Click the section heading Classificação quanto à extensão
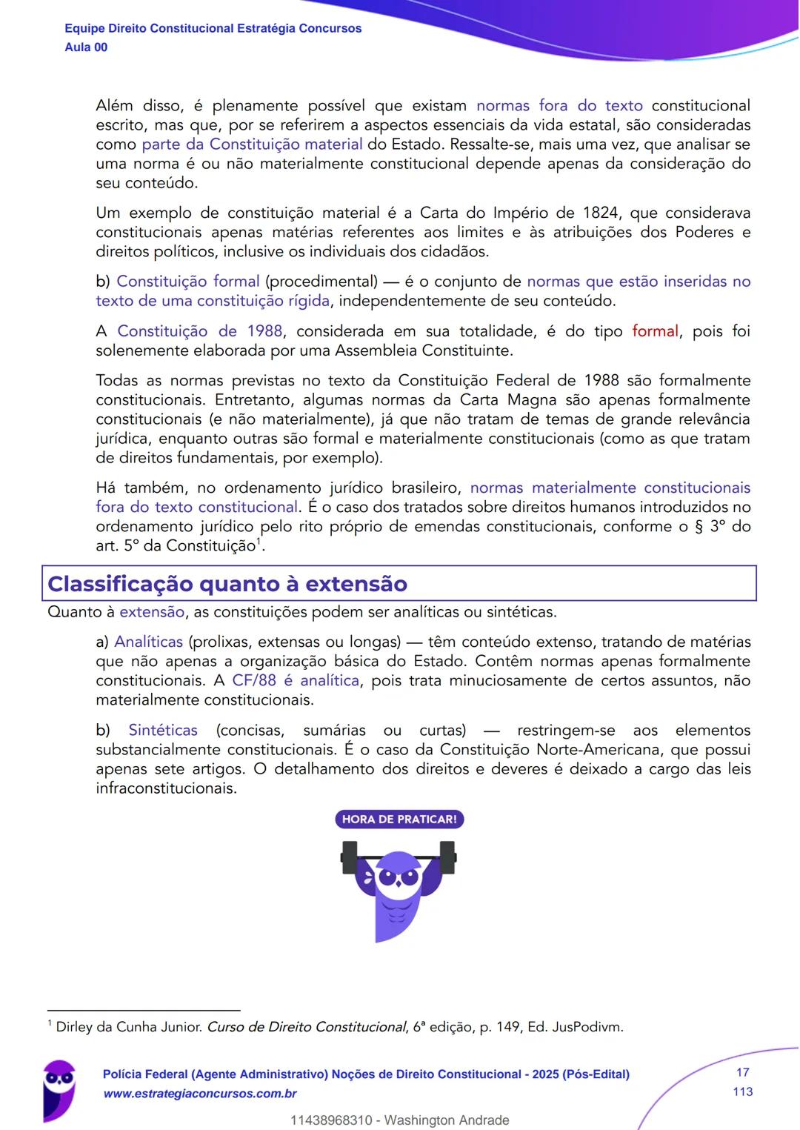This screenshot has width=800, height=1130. point(227,584)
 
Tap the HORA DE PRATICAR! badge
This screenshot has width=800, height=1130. point(399,820)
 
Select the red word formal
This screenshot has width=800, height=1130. point(655,331)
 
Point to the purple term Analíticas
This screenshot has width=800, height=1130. point(148,642)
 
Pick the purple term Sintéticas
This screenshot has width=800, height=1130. point(163,730)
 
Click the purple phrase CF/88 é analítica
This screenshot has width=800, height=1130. point(296,680)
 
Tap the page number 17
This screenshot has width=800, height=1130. point(742,1072)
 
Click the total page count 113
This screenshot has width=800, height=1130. point(742,1091)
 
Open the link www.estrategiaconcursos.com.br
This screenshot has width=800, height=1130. point(200,1094)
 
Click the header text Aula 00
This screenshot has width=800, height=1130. point(86,47)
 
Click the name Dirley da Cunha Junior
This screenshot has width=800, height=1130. point(129,1027)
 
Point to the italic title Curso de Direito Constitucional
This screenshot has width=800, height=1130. point(306,1027)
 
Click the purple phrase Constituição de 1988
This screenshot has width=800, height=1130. point(199,331)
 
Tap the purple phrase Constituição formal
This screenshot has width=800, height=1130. point(188,282)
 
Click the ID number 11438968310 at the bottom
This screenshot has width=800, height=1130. point(331,1120)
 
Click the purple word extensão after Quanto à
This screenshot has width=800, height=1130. point(152,612)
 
